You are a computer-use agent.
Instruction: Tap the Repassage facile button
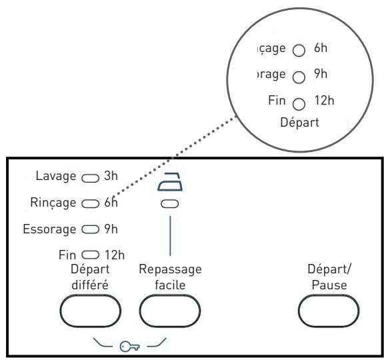(170, 311)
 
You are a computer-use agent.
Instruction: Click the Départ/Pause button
(329, 311)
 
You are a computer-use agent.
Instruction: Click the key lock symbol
(129, 347)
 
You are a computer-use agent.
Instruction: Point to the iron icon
(170, 181)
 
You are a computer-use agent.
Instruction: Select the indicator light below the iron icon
(170, 204)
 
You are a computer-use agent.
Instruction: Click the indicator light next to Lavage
(91, 178)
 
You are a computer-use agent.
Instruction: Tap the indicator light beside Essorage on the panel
(91, 229)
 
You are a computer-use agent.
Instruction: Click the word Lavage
(56, 176)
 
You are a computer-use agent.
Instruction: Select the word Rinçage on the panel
(53, 203)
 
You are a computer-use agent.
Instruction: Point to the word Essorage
(49, 229)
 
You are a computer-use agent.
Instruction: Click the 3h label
(111, 176)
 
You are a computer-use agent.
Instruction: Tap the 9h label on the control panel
(111, 229)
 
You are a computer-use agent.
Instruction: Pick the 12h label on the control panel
(115, 255)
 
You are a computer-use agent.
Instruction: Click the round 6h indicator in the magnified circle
(299, 51)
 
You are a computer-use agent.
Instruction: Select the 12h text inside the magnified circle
(324, 101)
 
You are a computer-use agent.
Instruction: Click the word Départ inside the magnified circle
(300, 122)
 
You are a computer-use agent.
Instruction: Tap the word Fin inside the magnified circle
(277, 100)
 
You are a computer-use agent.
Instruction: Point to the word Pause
(329, 285)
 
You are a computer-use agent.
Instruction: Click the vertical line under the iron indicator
(170, 236)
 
